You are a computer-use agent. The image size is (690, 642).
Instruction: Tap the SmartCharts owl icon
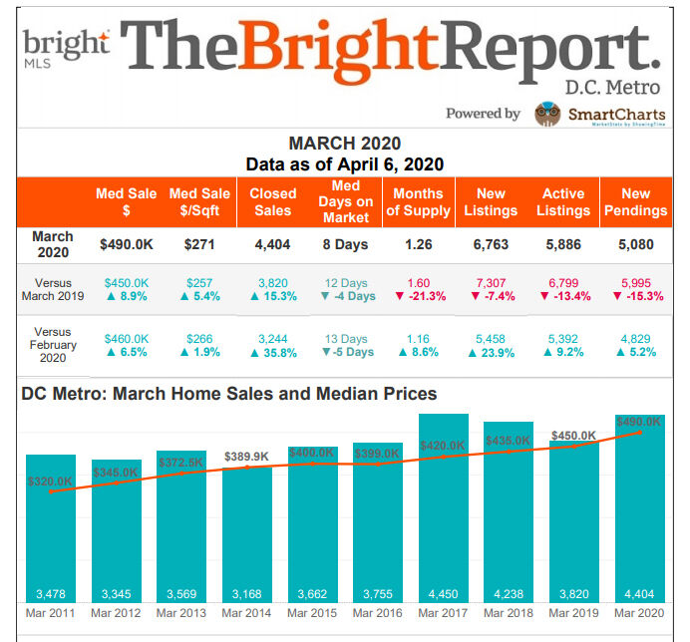[546, 114]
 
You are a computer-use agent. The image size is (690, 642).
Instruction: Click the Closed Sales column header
[273, 201]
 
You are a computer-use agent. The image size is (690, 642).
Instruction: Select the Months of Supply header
[418, 201]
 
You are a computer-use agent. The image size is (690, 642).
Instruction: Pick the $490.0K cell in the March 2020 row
[126, 244]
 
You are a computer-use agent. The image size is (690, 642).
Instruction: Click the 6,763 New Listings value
[491, 244]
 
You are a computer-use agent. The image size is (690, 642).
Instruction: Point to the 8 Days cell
[345, 244]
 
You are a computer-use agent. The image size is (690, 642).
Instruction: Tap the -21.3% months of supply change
[419, 296]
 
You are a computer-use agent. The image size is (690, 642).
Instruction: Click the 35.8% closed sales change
[273, 352]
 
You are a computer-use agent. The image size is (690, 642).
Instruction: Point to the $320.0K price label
[50, 481]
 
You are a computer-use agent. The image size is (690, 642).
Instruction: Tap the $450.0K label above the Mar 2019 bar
[573, 436]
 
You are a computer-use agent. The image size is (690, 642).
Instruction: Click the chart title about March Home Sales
[228, 394]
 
